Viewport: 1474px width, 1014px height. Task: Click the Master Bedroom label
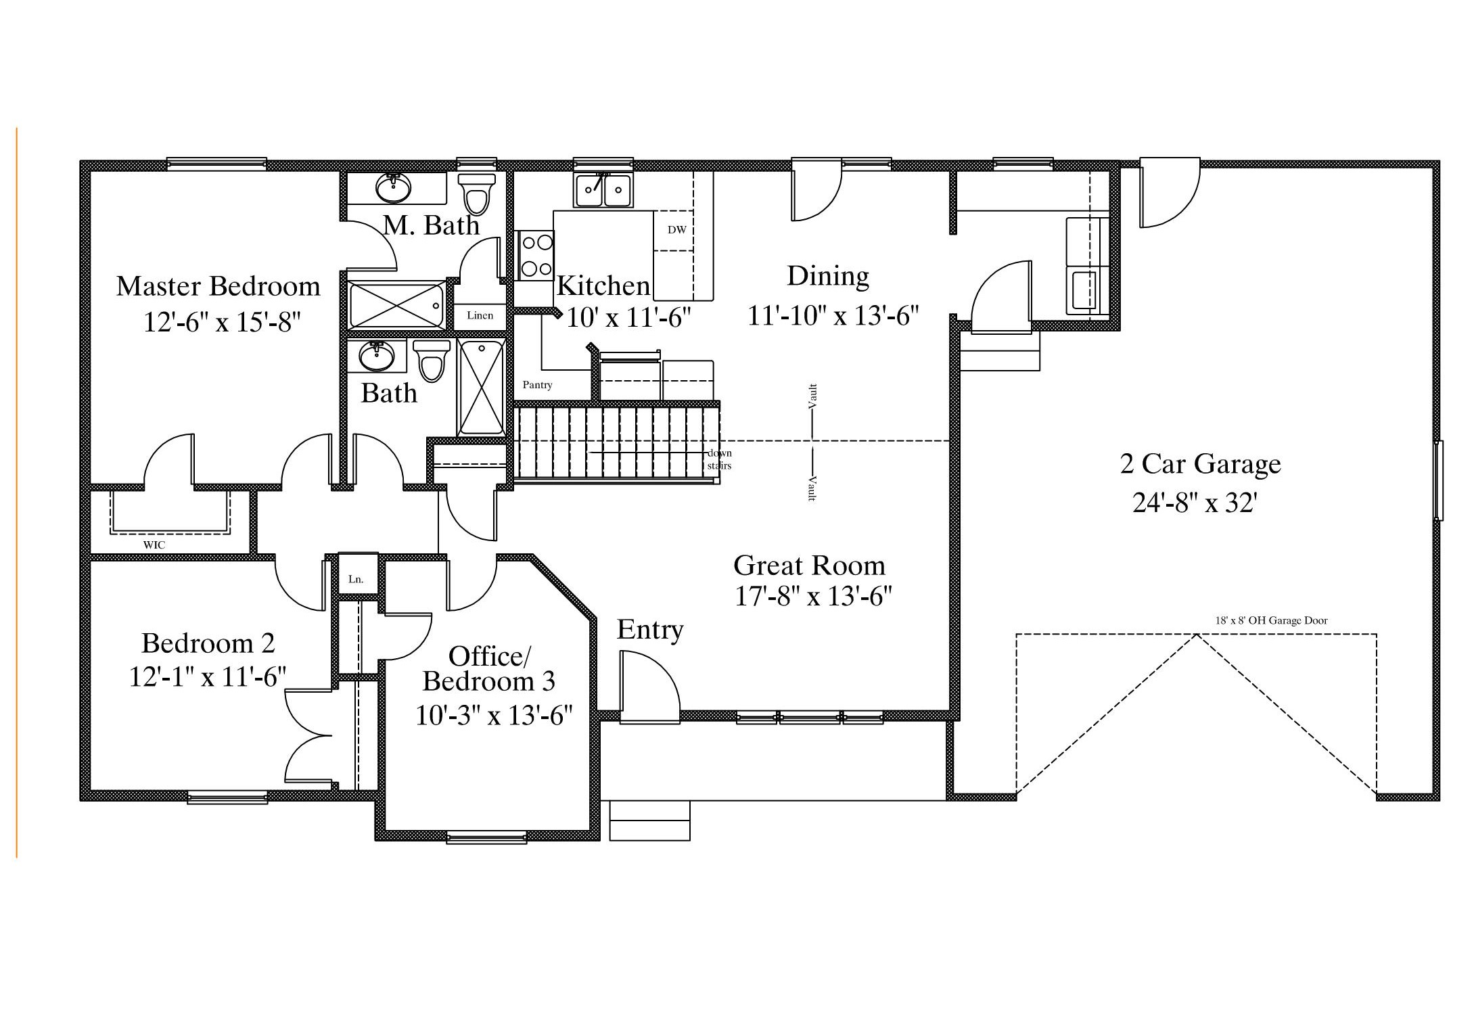point(218,286)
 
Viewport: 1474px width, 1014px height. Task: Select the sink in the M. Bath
point(392,187)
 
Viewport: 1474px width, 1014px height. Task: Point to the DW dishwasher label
point(676,230)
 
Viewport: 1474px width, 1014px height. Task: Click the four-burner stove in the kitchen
point(536,256)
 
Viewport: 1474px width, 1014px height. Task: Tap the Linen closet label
point(480,315)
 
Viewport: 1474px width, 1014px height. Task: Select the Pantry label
point(537,385)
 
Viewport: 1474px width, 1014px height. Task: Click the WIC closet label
point(154,545)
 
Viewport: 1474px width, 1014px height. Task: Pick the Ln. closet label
point(356,579)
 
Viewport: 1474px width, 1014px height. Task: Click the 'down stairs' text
point(720,459)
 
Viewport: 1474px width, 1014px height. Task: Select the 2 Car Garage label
point(1200,464)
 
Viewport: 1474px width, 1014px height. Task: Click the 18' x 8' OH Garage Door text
point(1271,620)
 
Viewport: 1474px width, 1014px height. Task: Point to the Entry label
point(649,630)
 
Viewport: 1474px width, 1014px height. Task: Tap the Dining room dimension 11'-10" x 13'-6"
point(833,315)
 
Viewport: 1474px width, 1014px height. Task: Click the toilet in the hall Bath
point(431,361)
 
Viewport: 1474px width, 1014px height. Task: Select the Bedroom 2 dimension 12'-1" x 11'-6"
point(208,676)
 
